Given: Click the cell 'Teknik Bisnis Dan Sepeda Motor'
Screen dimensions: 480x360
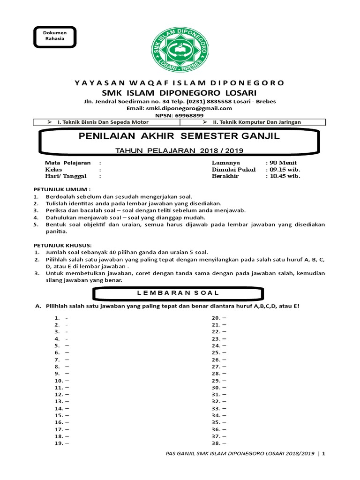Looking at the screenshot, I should [x=103, y=122].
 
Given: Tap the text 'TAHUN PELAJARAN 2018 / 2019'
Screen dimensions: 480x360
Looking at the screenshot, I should [x=180, y=151].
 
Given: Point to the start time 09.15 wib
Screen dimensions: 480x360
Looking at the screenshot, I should [x=284, y=169].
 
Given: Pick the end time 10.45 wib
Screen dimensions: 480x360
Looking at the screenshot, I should [x=284, y=176].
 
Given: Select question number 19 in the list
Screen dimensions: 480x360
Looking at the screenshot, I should [x=59, y=443].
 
